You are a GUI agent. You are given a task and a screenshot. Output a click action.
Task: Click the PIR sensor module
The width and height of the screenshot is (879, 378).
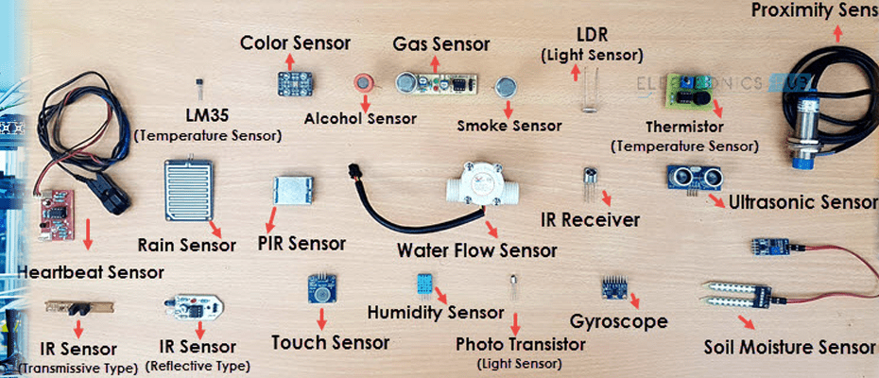pyautogui.click(x=291, y=193)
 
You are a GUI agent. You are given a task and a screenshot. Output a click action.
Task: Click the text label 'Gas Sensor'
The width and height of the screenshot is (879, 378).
pyautogui.click(x=441, y=44)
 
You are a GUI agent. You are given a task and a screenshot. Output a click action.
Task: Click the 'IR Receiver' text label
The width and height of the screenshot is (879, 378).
pyautogui.click(x=590, y=221)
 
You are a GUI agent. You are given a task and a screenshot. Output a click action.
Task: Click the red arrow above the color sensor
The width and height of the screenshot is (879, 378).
pyautogui.click(x=290, y=60)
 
